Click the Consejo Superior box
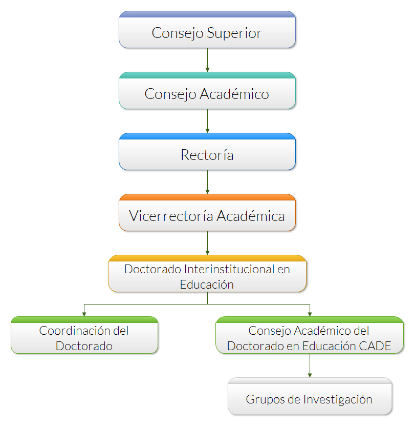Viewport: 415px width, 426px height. pos(207,30)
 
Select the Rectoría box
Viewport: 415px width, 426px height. pos(207,152)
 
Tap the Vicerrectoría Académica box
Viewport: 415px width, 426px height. pos(207,212)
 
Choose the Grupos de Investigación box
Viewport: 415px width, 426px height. pos(310,396)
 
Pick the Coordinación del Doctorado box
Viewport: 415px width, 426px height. pos(84,335)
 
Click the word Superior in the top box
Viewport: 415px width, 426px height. pos(234,33)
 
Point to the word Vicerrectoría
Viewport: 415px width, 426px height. pos(171,216)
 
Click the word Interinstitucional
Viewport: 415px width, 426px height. pos(229,269)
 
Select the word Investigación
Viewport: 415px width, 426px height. pos(338,400)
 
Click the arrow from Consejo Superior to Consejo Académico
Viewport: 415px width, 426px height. pos(208,60)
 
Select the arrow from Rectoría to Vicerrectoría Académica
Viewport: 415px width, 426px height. pos(208,182)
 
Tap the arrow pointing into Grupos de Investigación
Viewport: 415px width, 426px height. pos(310,366)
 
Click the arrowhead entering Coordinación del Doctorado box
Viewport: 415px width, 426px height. pos(84,314)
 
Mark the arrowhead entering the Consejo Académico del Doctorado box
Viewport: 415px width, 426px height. pos(310,314)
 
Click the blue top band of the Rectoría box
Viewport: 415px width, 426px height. pos(207,136)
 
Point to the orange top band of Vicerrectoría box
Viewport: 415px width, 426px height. pos(207,197)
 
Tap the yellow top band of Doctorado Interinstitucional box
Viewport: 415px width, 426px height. pos(207,258)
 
